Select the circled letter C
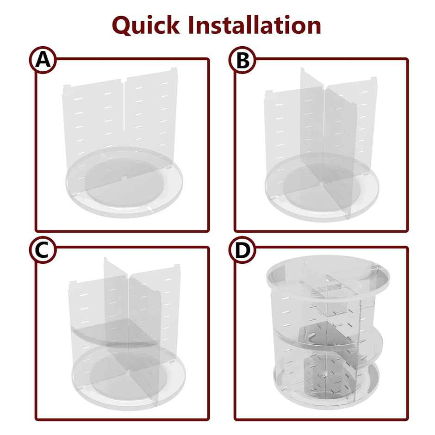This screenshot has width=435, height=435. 43,250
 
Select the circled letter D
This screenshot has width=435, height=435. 242,250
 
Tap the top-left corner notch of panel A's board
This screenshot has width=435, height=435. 66,87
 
